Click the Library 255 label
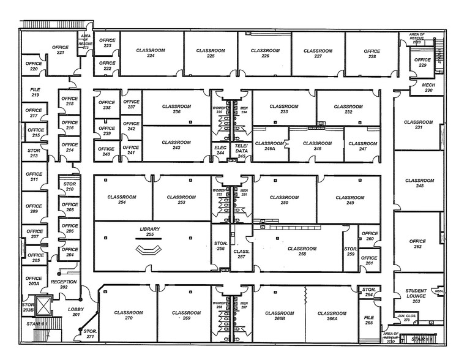149,231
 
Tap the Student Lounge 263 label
416,296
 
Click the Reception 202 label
64,285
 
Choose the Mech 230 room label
428,88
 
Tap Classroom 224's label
149,53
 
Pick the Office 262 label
417,244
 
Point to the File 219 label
35,92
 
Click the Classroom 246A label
269,146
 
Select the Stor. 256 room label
220,246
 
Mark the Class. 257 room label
242,255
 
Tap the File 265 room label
368,320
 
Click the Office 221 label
60,50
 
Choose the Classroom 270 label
129,316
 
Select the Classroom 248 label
419,183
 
